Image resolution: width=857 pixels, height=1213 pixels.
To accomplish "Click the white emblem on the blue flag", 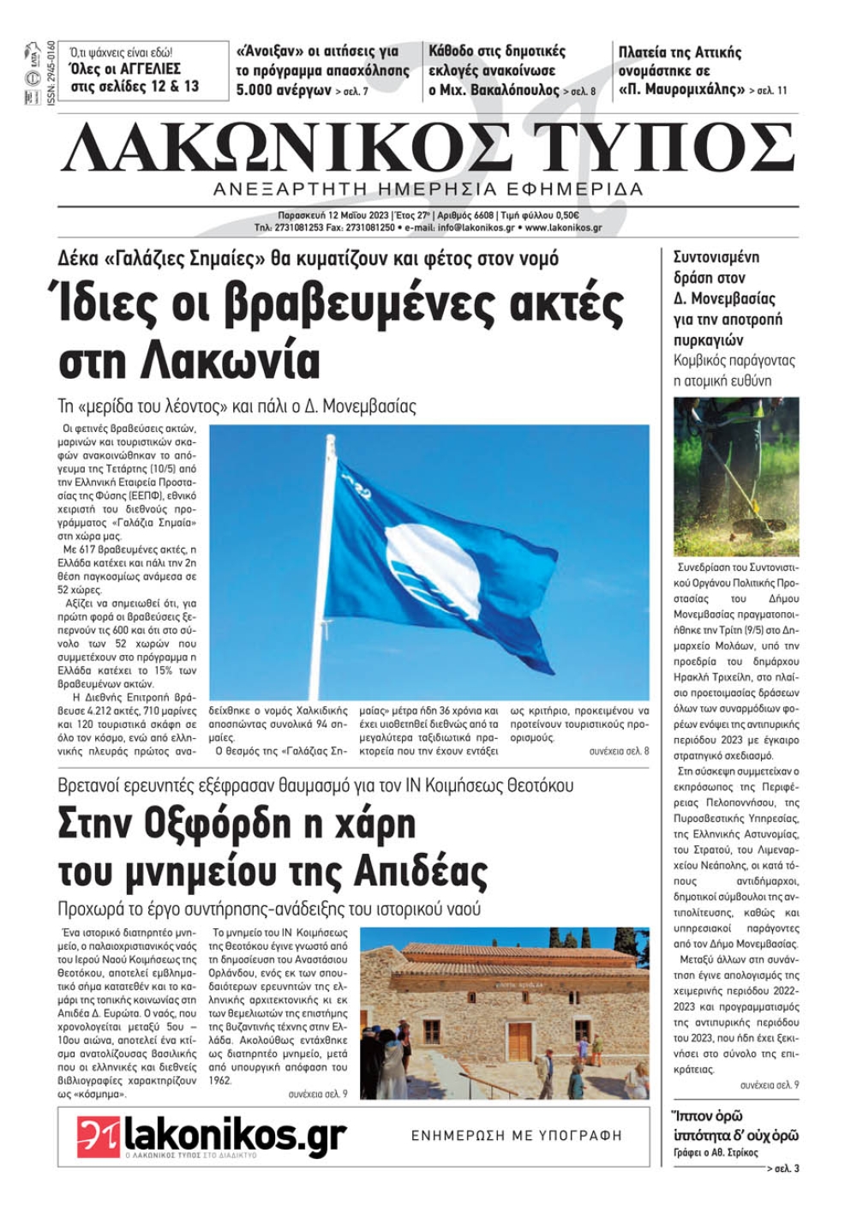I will pos(433,567).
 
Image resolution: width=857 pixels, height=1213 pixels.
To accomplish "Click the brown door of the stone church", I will pos(519,1039).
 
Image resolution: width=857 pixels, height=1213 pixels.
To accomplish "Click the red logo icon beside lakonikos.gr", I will pos(98,1136).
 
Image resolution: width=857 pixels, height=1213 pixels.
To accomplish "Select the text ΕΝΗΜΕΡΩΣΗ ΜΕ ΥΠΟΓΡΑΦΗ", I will pos(517,1136).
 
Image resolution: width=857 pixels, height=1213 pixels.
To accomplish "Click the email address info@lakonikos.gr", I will pos(476,228).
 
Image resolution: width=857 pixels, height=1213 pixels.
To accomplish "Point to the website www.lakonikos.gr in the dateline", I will pos(563,228).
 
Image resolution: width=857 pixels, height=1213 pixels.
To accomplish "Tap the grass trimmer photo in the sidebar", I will pos(736,476).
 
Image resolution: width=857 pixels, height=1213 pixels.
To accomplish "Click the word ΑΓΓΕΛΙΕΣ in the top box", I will pos(147,69).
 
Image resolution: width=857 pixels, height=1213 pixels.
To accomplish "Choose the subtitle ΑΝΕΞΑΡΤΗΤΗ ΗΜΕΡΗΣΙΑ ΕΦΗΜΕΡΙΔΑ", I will pos(428,189).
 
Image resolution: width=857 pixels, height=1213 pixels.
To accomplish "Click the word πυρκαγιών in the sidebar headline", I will pos(709,340).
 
